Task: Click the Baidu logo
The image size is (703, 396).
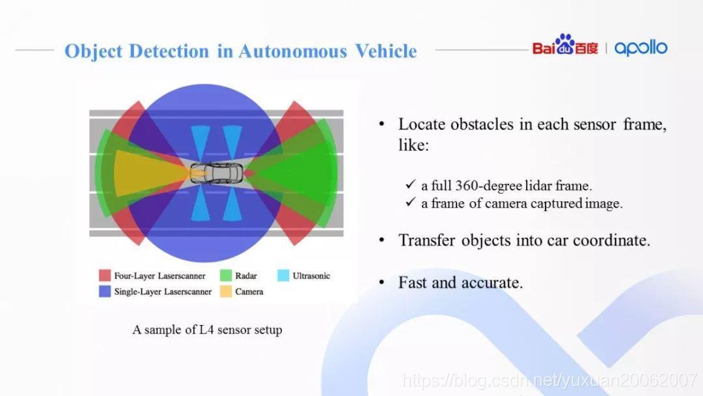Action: tap(565, 45)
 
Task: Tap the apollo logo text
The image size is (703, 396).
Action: tap(641, 48)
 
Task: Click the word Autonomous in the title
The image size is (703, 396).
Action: tap(293, 51)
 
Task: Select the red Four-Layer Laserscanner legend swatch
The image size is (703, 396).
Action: tap(104, 276)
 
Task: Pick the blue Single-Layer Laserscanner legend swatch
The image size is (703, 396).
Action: tap(104, 292)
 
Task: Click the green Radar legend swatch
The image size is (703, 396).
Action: tap(226, 276)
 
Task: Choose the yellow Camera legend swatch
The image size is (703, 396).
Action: tap(226, 292)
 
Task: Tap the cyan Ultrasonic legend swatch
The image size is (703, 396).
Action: tap(283, 276)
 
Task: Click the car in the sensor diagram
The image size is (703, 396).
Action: tap(217, 173)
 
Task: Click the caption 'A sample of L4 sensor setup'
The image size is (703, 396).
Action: tap(207, 330)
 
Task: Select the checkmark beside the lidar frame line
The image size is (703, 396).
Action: tap(410, 184)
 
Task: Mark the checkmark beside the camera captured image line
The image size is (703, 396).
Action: tap(410, 203)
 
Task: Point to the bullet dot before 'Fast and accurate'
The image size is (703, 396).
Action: tap(381, 282)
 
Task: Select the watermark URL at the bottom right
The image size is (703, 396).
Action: tap(549, 381)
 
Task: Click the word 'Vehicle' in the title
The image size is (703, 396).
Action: tap(386, 51)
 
